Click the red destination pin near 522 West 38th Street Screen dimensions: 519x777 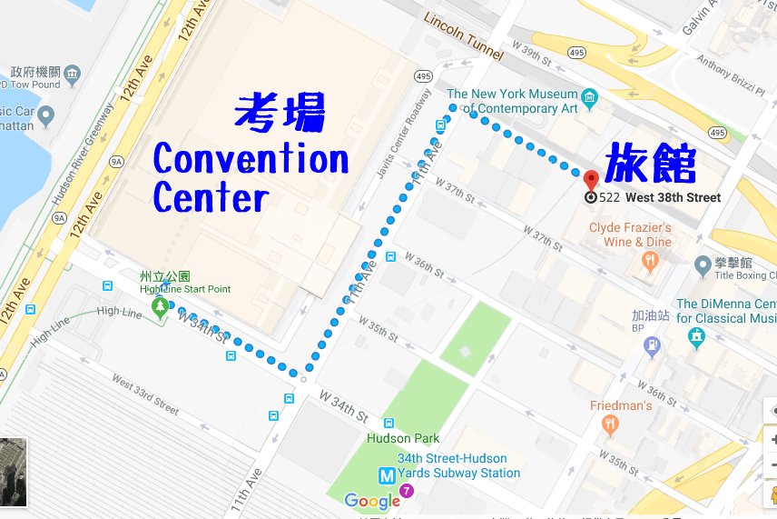591,178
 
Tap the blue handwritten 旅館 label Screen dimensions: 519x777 650,163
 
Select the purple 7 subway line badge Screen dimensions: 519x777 407,492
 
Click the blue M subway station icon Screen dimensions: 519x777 387,474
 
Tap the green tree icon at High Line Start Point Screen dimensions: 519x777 161,306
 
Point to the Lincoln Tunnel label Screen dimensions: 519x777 463,32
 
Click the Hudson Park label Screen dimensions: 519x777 403,439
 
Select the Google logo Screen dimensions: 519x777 372,501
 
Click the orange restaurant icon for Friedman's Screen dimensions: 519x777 611,424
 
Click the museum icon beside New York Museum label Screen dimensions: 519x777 590,96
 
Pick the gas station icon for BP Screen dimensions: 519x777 652,344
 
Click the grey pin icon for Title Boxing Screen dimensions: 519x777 702,265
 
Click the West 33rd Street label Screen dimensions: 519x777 145,392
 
